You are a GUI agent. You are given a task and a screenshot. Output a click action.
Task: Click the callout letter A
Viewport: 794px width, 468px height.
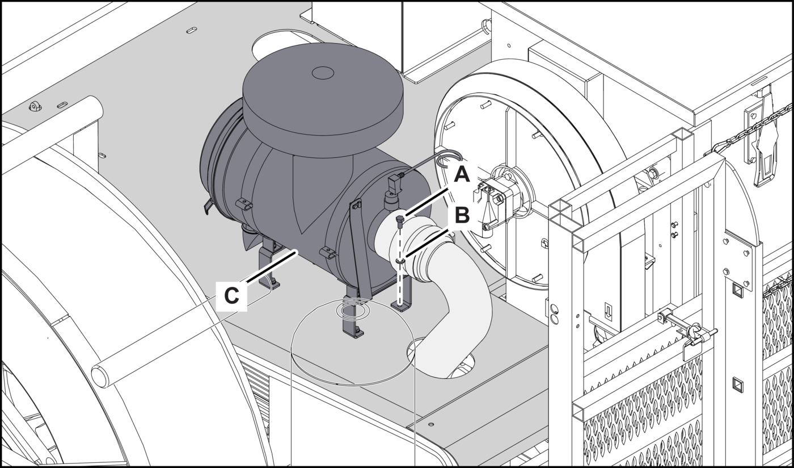point(462,174)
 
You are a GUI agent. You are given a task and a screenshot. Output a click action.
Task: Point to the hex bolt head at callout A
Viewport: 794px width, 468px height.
point(399,220)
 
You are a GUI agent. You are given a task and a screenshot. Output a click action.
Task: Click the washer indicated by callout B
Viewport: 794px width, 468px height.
point(400,262)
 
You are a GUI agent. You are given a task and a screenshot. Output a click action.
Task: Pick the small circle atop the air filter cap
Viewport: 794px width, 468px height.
point(323,73)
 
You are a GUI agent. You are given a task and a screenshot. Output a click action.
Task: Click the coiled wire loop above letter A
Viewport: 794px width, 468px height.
point(449,159)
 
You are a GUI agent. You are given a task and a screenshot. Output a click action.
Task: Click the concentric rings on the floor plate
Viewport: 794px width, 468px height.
point(353,311)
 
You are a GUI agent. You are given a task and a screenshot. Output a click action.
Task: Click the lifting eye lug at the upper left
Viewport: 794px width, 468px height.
point(35,106)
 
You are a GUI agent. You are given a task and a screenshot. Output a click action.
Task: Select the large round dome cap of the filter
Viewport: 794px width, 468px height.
point(323,101)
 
